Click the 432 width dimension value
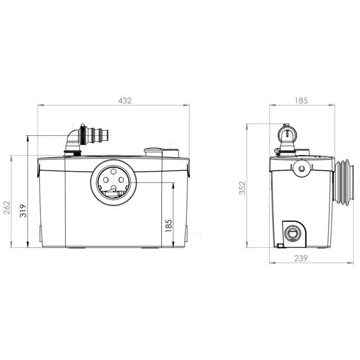[125, 101]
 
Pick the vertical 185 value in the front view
[169, 225]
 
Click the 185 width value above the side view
[301, 101]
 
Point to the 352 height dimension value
[242, 188]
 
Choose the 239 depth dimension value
[301, 259]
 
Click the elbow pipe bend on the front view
[73, 139]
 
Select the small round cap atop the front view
[153, 151]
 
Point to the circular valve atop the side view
[286, 134]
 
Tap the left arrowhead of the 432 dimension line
[40, 105]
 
